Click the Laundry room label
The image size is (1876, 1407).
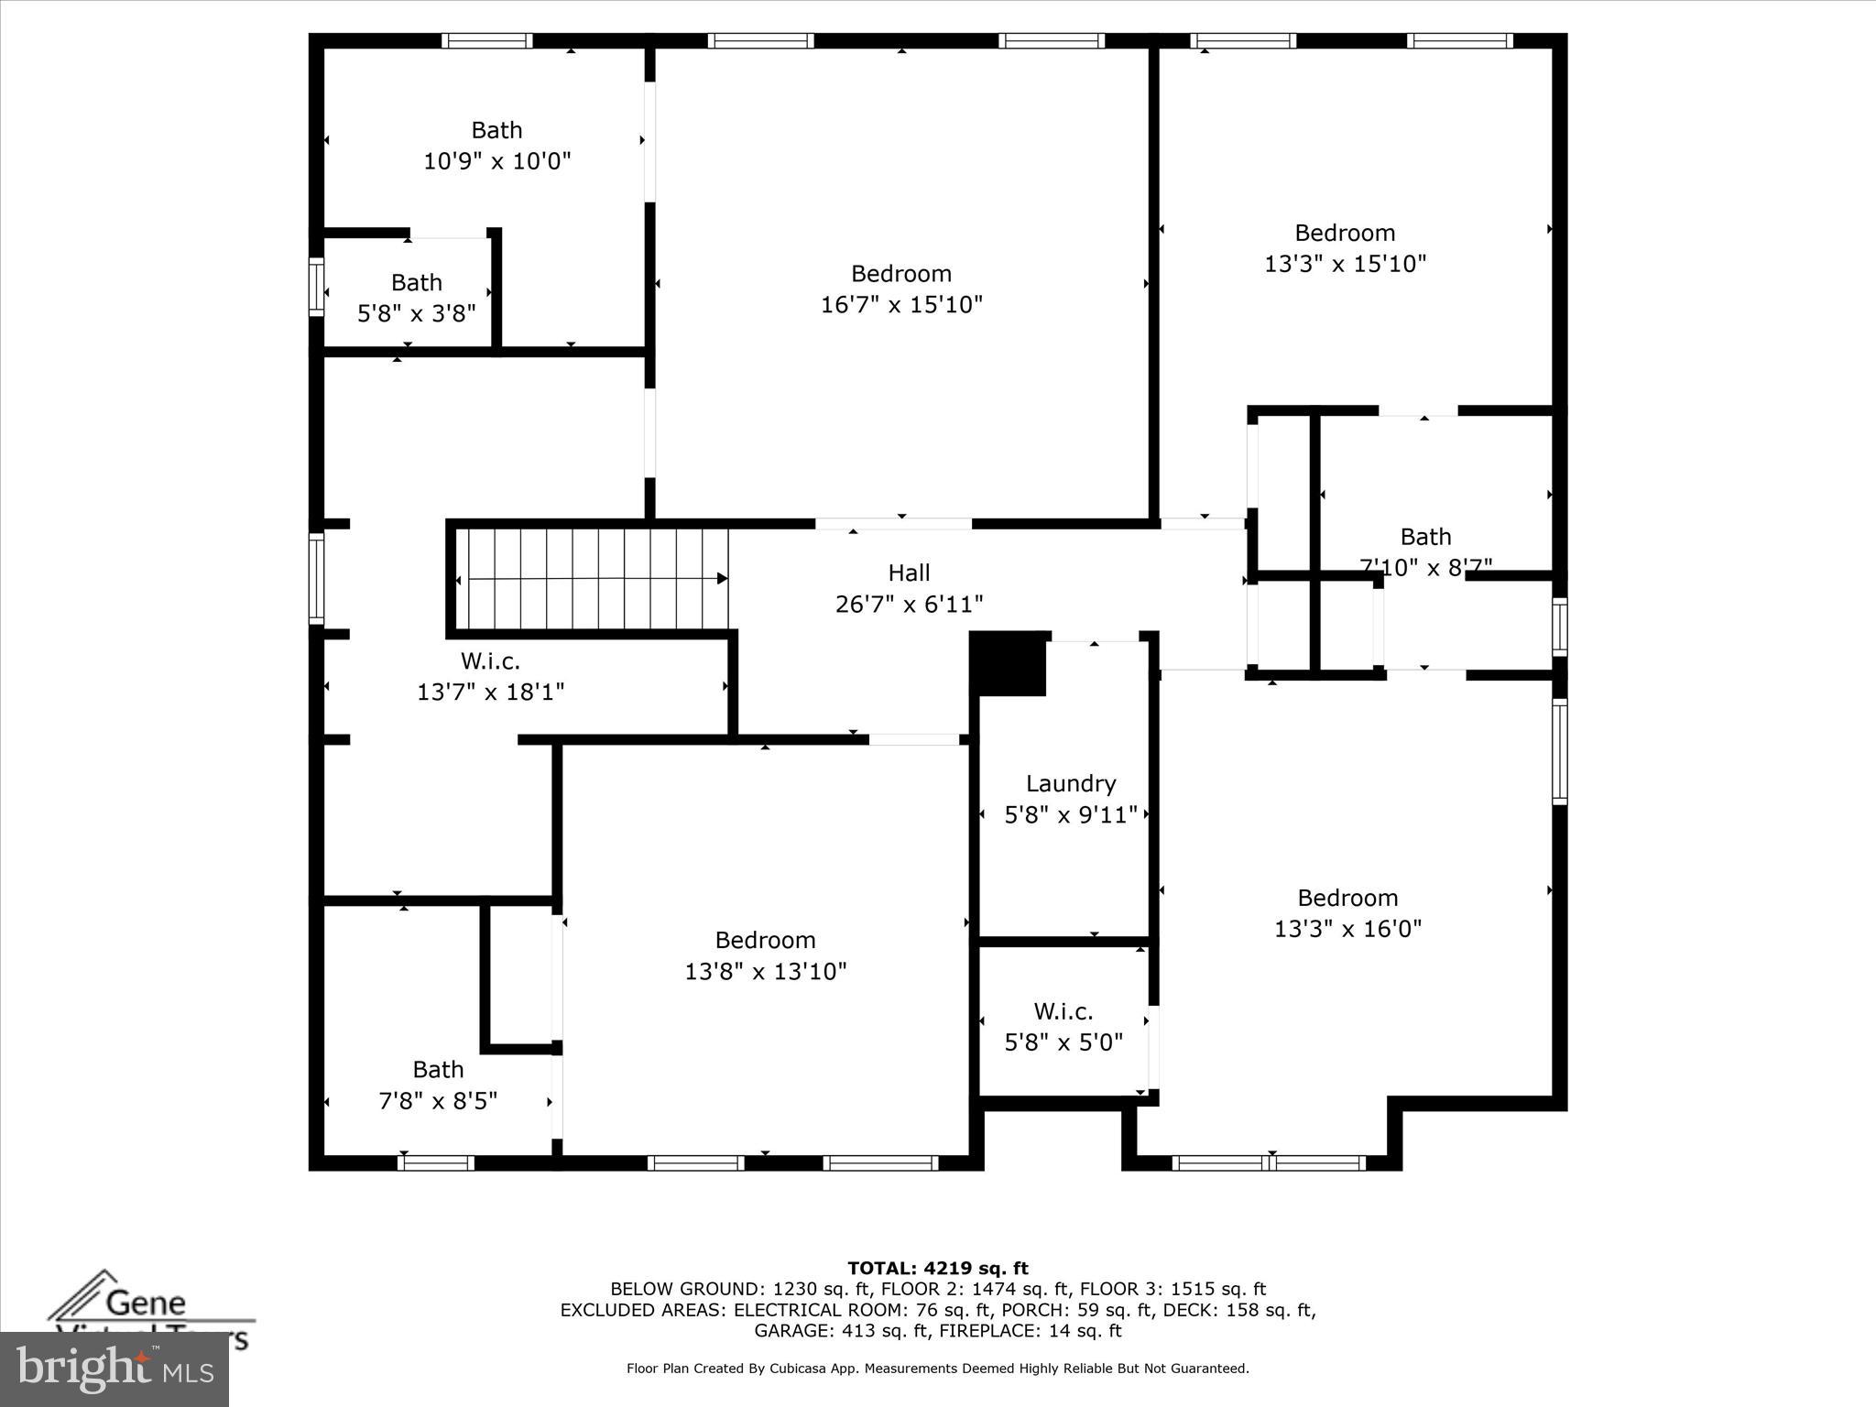click(1070, 784)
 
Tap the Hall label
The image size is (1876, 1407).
click(909, 573)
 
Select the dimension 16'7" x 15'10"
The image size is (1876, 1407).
click(901, 304)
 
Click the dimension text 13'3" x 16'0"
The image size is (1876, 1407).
click(1347, 929)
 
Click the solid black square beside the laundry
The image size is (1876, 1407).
click(1008, 663)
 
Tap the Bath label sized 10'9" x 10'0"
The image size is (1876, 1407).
click(496, 130)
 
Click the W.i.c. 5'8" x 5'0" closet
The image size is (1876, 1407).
click(1063, 1027)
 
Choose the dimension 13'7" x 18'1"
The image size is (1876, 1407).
click(490, 692)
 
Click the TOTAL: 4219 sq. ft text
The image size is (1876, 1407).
click(937, 1268)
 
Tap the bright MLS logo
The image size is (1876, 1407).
click(115, 1370)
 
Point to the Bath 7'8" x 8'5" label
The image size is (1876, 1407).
click(438, 1070)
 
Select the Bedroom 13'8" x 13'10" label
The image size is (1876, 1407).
click(765, 941)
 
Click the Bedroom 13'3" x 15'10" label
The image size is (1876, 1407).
click(1345, 234)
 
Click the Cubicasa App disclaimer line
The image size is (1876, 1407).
click(937, 1369)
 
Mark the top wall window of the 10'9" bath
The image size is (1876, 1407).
click(486, 40)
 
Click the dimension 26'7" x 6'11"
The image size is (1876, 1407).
click(909, 605)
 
